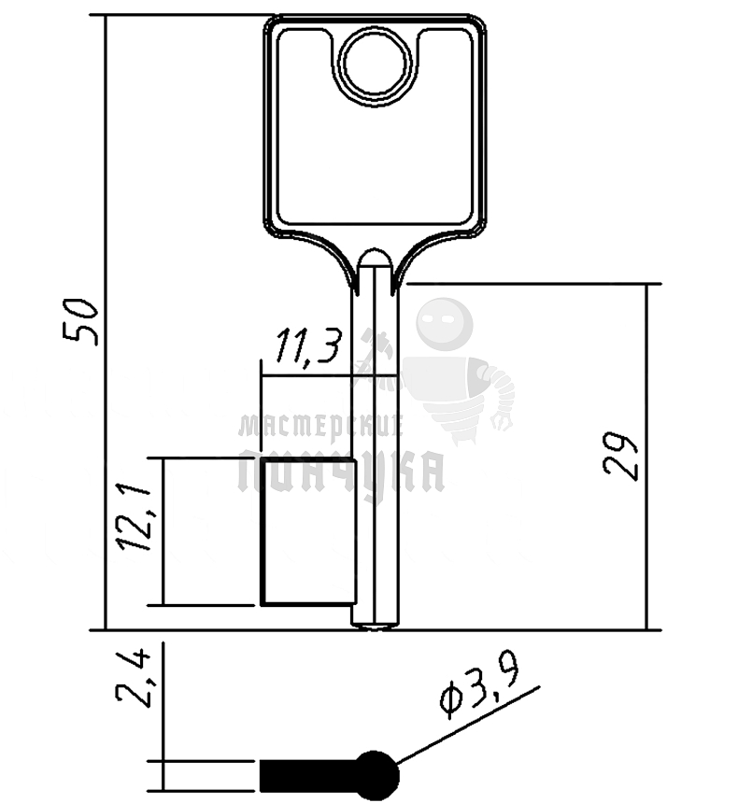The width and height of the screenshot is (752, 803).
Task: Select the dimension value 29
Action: tap(623, 456)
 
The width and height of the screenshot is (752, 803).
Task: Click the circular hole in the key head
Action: tap(376, 63)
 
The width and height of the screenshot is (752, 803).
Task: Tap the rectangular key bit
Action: tap(307, 532)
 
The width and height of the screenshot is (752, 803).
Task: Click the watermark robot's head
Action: tap(443, 325)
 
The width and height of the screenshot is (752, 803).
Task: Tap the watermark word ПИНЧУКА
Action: tap(341, 472)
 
